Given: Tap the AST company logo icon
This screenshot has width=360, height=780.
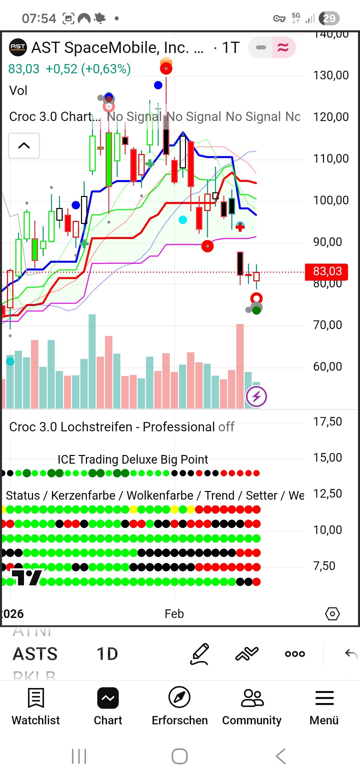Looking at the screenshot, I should click(18, 47).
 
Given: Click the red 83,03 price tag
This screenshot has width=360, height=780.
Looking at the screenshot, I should click(327, 272).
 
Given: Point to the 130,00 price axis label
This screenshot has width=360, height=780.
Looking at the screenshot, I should click(331, 75).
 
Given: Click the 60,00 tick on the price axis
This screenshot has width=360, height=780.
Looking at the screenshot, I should click(327, 367).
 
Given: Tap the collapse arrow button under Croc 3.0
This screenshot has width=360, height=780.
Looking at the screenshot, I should click(24, 146).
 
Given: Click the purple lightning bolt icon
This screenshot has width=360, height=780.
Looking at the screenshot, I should click(256, 396).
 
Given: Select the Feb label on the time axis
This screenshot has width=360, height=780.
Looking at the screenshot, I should click(174, 614).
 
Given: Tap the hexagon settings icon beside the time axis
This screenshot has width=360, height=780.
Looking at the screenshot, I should click(332, 614).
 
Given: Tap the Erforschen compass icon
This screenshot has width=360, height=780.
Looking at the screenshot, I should click(180, 697).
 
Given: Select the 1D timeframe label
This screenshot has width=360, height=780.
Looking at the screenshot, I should click(107, 654).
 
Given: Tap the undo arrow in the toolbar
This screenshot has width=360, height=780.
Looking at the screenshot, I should click(351, 654).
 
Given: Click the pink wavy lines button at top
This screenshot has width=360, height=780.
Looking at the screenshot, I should click(283, 47).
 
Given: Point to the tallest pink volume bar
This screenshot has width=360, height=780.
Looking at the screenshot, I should click(240, 366).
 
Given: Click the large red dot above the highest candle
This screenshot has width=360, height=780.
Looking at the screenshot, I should click(166, 69).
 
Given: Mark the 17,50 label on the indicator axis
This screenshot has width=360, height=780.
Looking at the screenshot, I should click(327, 422).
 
